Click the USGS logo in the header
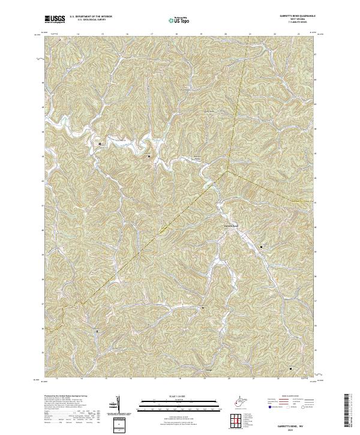tap(55, 19)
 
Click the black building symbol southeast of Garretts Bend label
tap(262, 247)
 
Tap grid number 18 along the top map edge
tap(176, 34)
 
